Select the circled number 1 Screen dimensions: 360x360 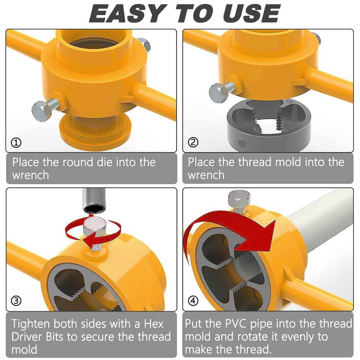[x=16, y=143]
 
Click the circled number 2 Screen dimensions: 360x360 [x=193, y=142]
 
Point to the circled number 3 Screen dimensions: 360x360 [x=16, y=301]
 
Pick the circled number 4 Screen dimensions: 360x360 [x=193, y=301]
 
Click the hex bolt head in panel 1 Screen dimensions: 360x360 [x=41, y=111]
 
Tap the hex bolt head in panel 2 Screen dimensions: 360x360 [x=218, y=93]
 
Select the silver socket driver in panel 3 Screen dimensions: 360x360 [x=94, y=200]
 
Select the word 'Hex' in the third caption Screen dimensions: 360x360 [x=154, y=324]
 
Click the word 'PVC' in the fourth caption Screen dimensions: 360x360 [x=235, y=324]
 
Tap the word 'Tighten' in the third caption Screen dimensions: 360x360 [x=31, y=324]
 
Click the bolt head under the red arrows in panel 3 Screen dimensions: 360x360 [x=95, y=227]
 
